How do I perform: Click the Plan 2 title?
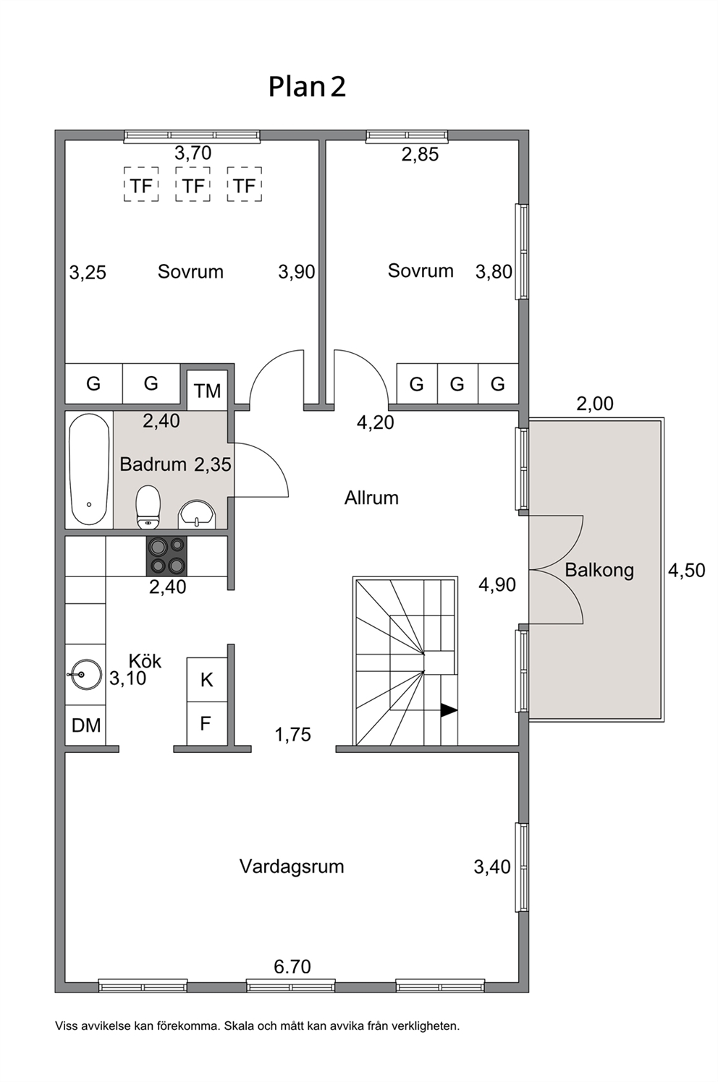coord(307,87)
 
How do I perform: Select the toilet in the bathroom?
coord(148,507)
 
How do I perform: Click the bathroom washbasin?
coord(196,514)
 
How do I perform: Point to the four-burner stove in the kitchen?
coord(166,556)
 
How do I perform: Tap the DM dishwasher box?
coord(85,725)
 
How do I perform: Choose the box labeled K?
coord(207,679)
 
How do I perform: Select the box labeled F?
coord(207,723)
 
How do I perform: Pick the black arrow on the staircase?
coord(448,710)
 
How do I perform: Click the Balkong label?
coord(599,570)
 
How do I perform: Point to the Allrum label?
coord(371,498)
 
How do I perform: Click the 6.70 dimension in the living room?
coord(292,966)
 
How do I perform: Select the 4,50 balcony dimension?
coord(687,571)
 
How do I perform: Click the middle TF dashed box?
coord(193,184)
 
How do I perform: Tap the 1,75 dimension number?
coord(292,735)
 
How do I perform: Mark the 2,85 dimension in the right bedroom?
coord(421,155)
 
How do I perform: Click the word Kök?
coord(145,660)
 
